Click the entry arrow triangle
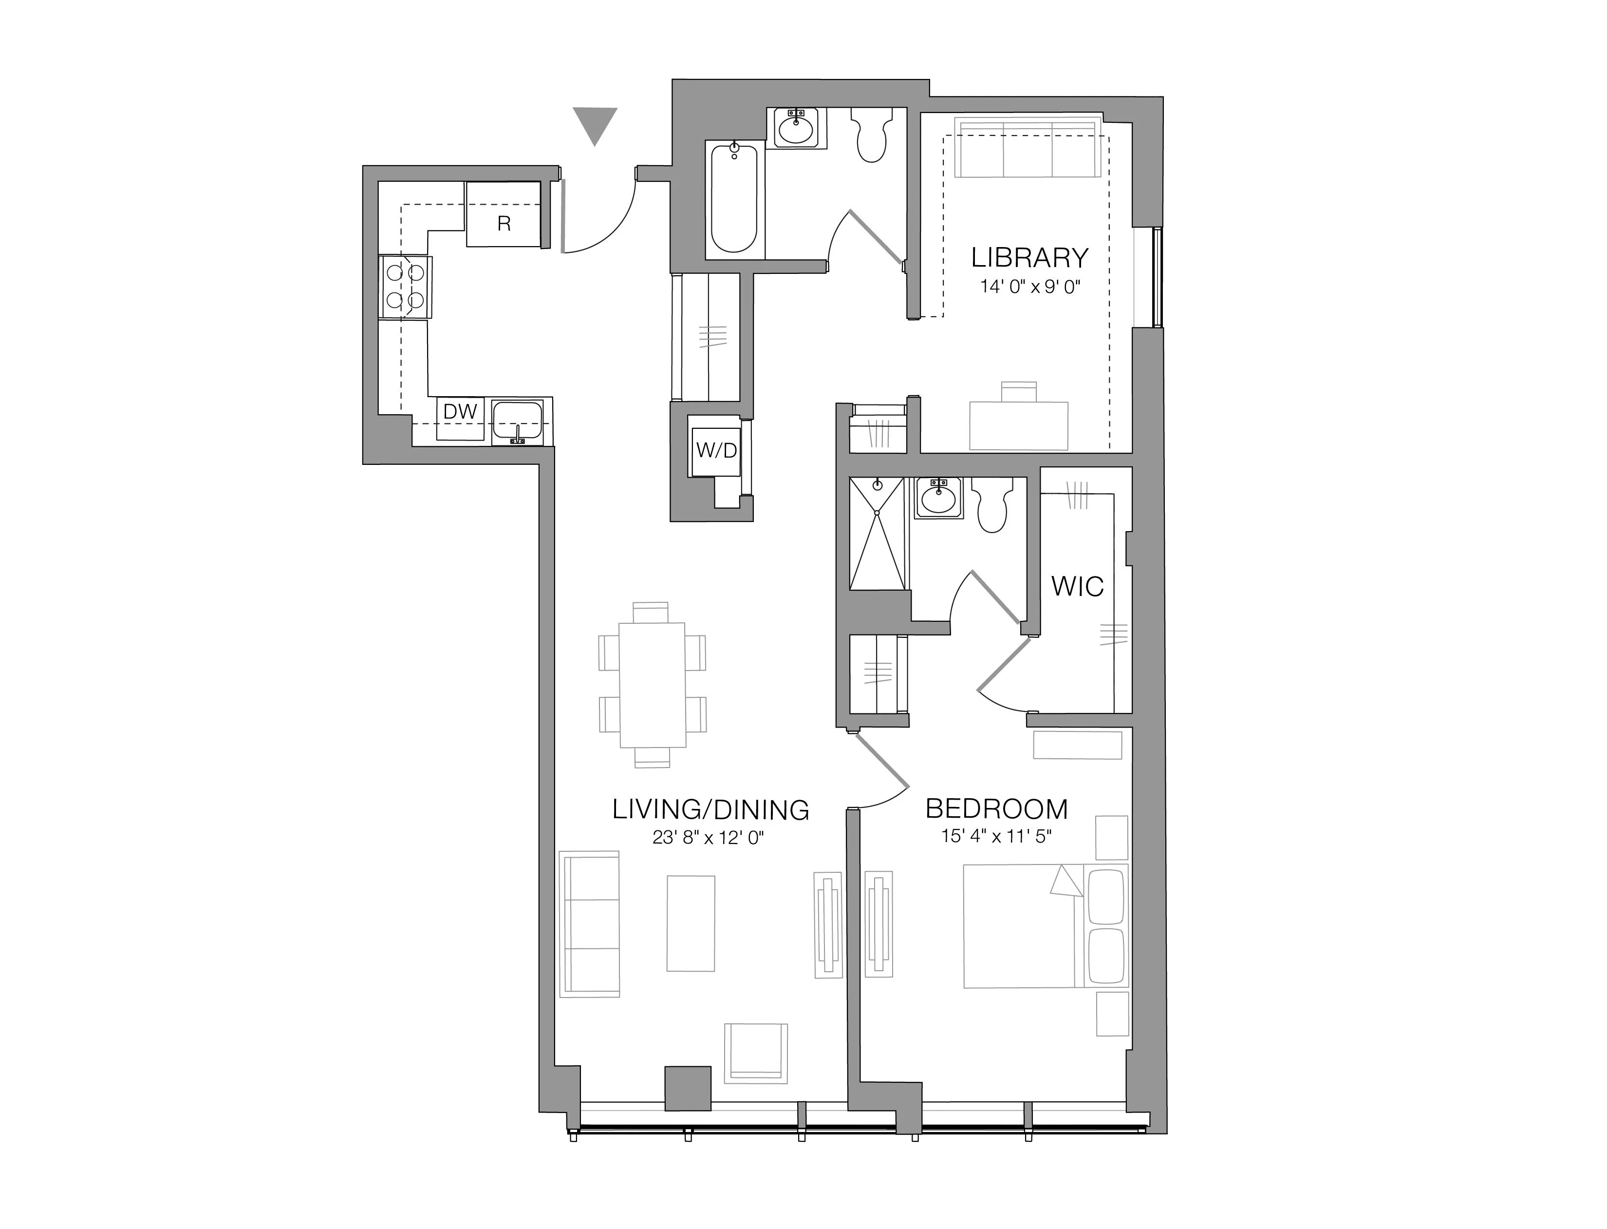(x=595, y=124)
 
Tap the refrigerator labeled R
(x=504, y=215)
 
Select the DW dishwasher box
(x=460, y=419)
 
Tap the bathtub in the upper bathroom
(x=734, y=199)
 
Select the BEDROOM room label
(x=996, y=809)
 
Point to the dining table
(x=652, y=685)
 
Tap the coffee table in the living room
(x=690, y=923)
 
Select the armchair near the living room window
(x=755, y=1054)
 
